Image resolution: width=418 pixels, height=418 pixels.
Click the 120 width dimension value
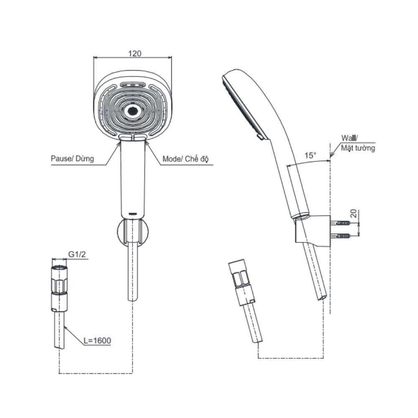tap(135, 54)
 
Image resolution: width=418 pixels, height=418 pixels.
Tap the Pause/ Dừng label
tap(72, 158)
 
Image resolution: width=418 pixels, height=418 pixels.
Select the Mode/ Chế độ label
tap(186, 159)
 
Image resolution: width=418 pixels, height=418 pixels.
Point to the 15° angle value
tap(310, 155)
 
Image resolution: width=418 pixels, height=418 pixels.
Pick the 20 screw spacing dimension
tap(354, 214)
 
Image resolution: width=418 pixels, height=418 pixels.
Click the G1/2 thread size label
tap(77, 254)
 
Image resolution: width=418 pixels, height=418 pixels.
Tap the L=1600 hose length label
tap(97, 340)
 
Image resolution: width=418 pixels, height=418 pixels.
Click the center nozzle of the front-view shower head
tap(133, 111)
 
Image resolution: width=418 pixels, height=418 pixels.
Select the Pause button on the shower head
tap(126, 137)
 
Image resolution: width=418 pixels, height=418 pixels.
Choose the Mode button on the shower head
tap(140, 137)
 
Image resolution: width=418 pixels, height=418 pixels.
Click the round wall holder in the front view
tap(133, 232)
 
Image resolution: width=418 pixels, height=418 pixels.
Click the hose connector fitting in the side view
tap(241, 282)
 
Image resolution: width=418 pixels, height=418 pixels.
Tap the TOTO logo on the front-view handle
tap(133, 214)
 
